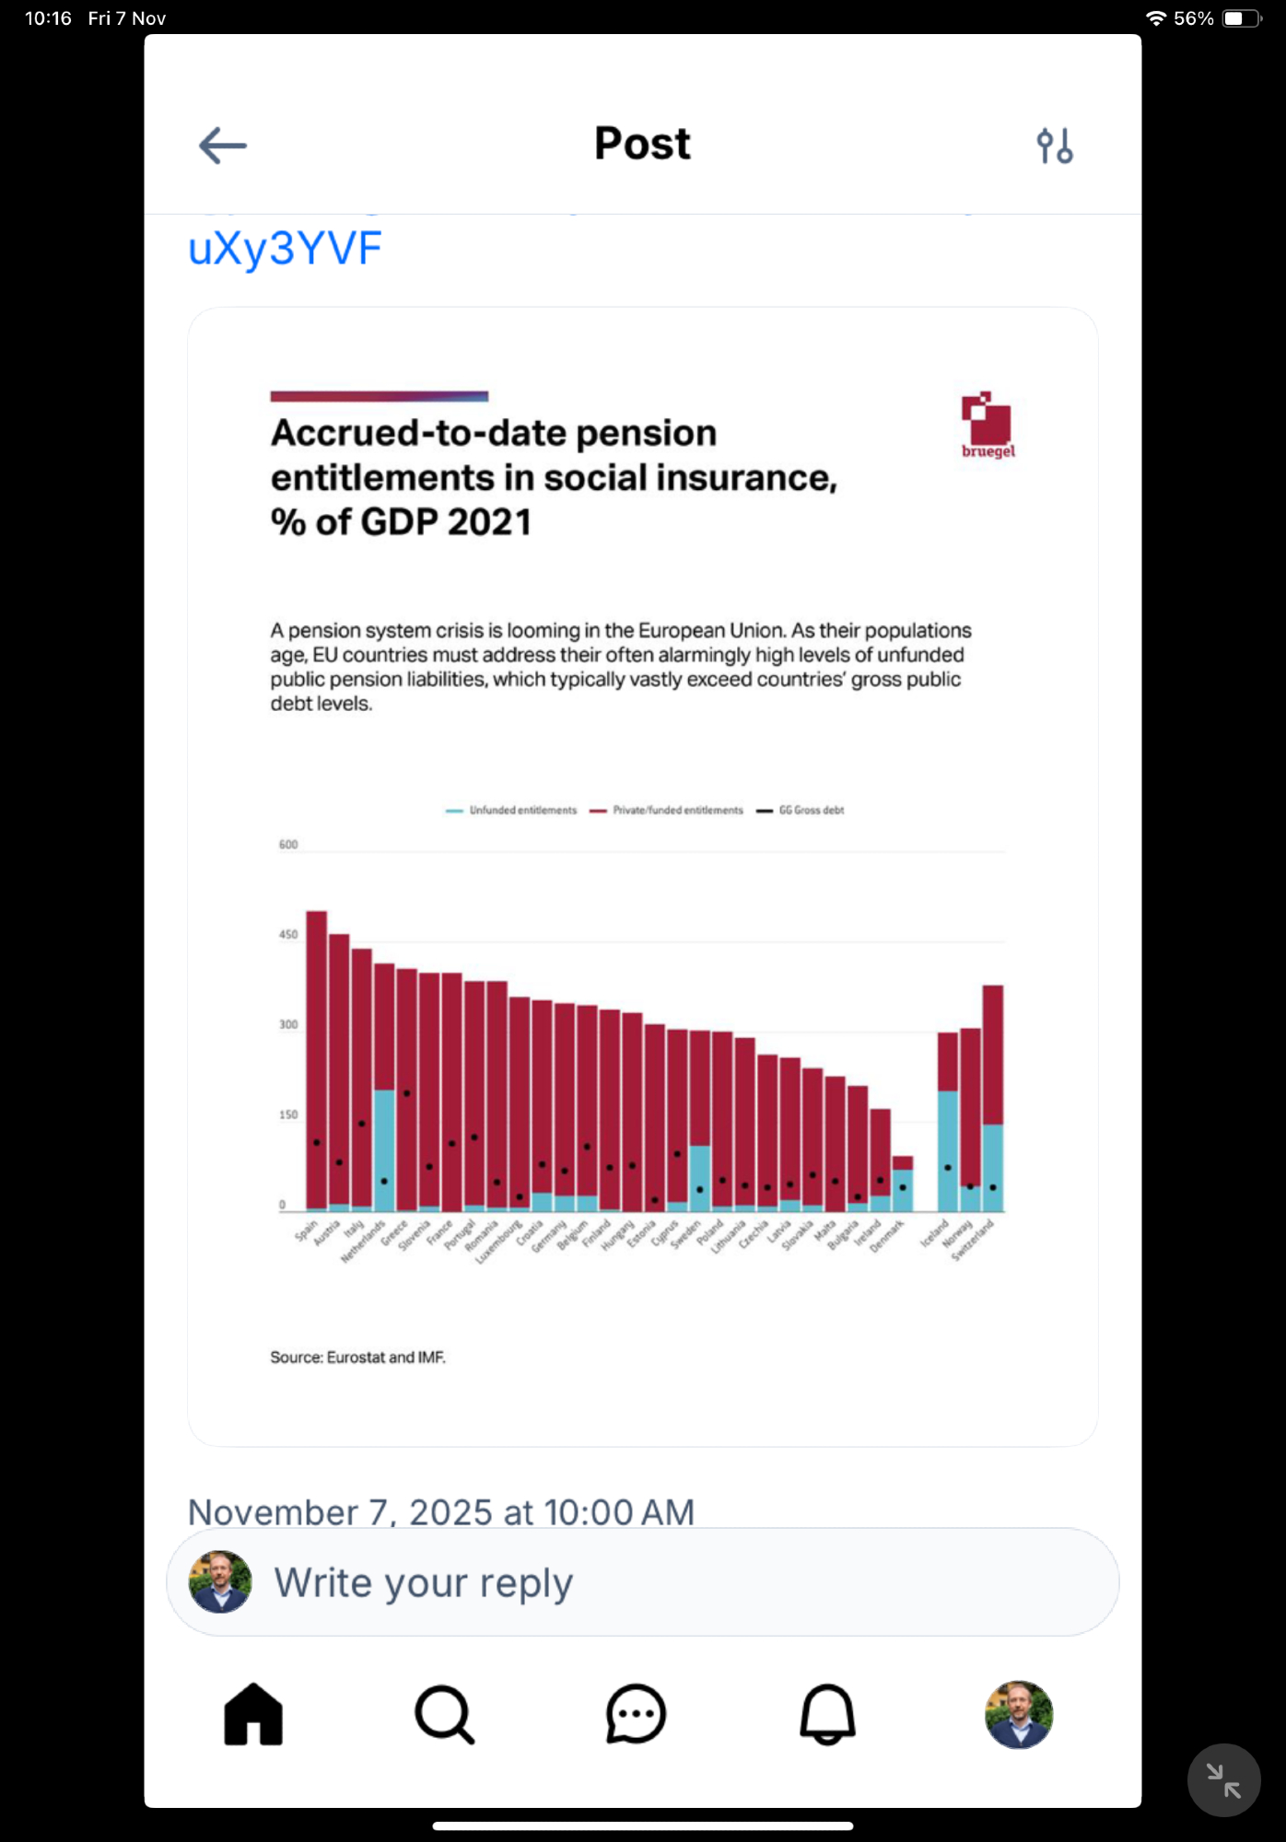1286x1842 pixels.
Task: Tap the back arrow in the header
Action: click(222, 146)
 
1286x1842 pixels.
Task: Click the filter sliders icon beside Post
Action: click(1054, 146)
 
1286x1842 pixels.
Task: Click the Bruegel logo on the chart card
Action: click(987, 425)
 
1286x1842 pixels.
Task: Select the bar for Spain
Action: click(316, 1059)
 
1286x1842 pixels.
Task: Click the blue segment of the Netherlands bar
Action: click(384, 1150)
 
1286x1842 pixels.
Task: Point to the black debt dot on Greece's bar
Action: click(406, 1093)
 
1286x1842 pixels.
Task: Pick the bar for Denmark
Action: click(903, 1183)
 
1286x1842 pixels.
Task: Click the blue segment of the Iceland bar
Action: click(947, 1150)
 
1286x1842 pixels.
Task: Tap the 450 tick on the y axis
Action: click(288, 935)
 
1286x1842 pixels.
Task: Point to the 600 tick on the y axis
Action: click(288, 845)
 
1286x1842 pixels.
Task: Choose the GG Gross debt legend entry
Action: click(801, 810)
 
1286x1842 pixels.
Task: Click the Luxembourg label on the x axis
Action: click(497, 1242)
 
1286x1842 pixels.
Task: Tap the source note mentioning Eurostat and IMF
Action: click(357, 1358)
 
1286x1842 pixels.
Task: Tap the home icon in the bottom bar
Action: click(253, 1714)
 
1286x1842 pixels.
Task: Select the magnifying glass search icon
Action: click(444, 1714)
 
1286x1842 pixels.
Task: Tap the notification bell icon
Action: click(827, 1714)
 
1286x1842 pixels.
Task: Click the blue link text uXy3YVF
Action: click(285, 249)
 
